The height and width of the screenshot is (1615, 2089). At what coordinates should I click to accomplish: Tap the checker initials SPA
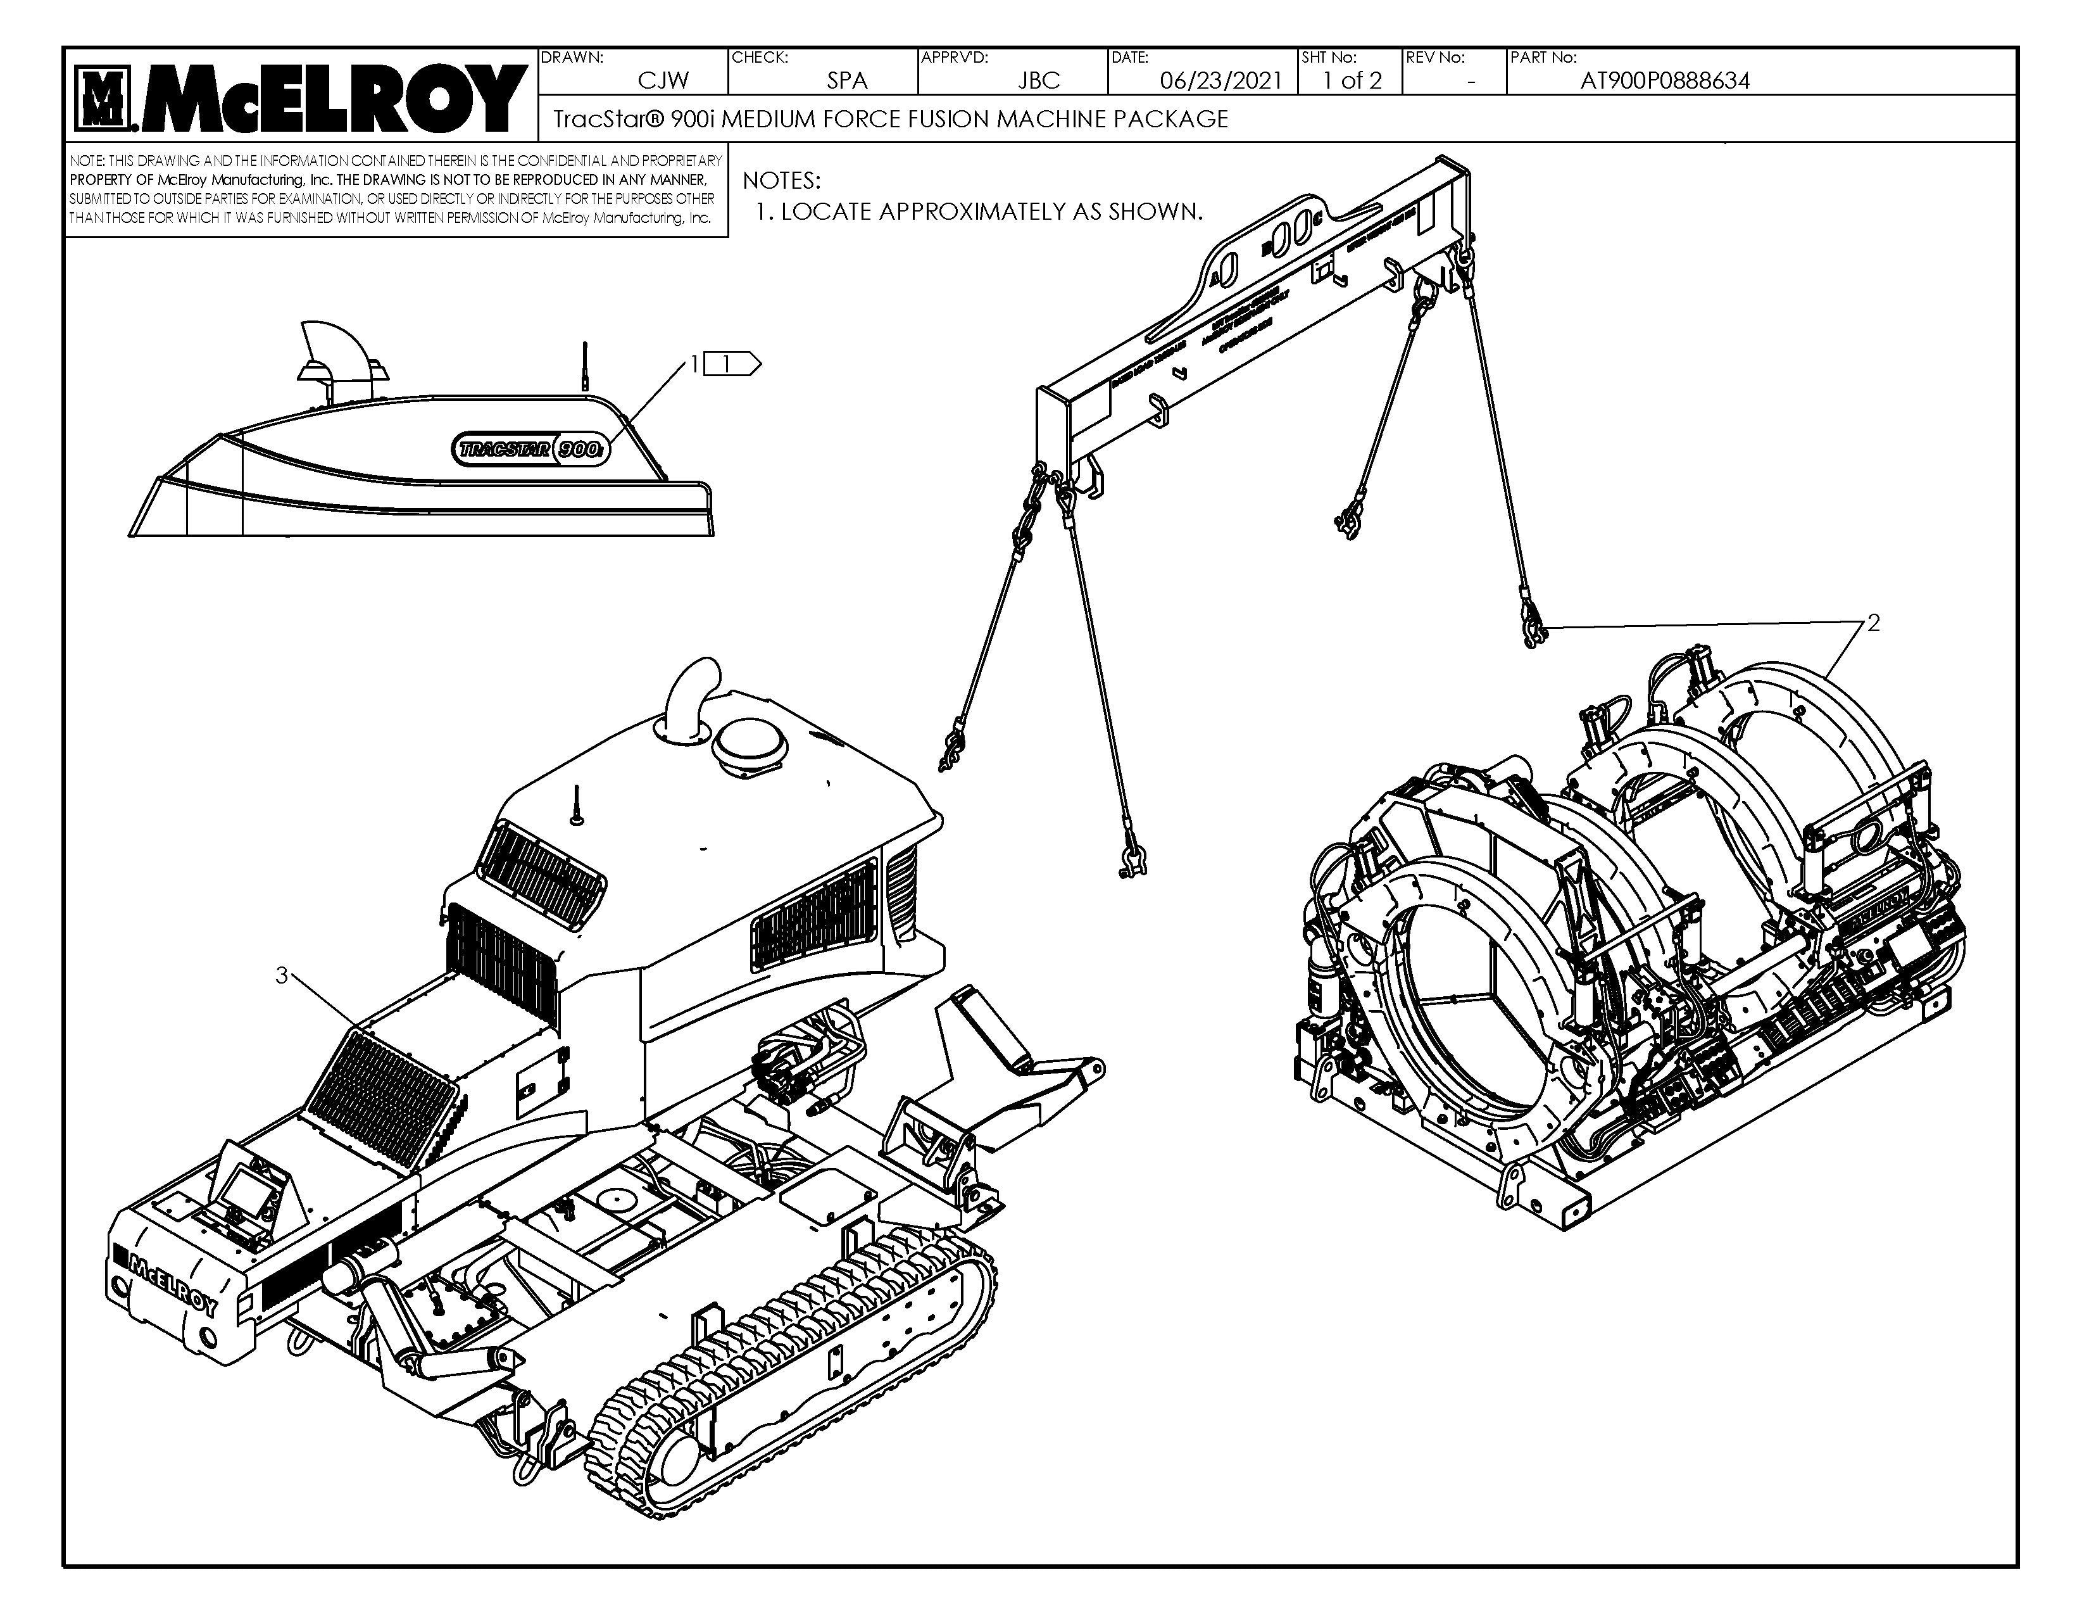846,80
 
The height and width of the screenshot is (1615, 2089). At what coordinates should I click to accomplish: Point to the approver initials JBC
1039,80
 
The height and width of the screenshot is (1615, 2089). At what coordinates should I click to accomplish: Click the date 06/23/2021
1220,80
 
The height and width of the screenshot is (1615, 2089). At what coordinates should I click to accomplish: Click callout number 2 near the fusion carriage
1873,623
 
